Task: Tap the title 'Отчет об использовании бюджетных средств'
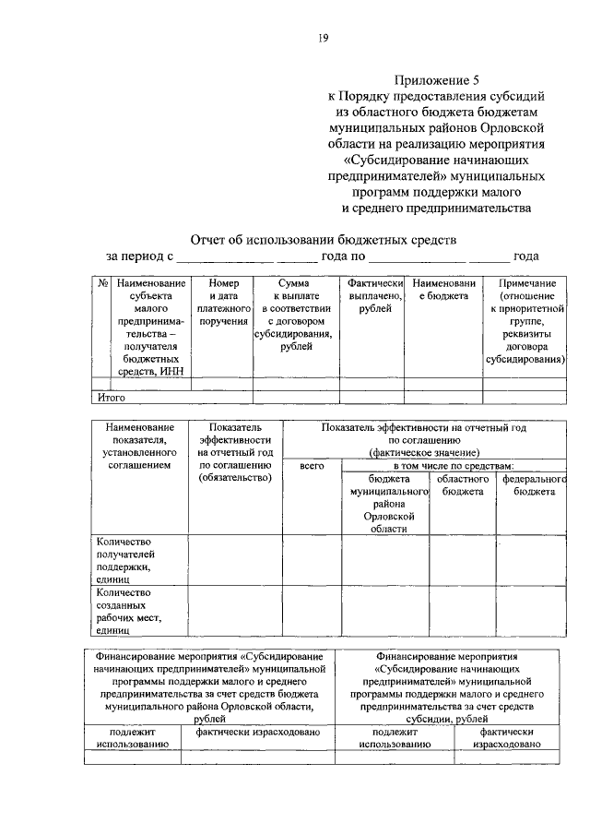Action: (322, 240)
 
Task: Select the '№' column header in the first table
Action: (102, 283)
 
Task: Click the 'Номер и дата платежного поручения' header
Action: (223, 302)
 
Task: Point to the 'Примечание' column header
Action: (525, 327)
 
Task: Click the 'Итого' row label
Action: (112, 398)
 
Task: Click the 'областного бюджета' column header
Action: (462, 486)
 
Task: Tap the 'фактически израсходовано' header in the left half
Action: (257, 731)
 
